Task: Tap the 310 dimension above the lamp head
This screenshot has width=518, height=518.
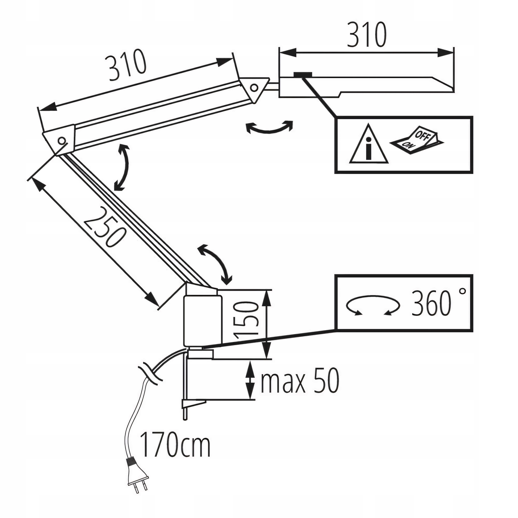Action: pyautogui.click(x=366, y=35)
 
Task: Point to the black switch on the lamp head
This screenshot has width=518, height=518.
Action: pyautogui.click(x=303, y=74)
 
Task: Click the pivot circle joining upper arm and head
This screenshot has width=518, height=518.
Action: pyautogui.click(x=254, y=87)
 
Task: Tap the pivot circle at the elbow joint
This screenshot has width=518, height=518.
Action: pyautogui.click(x=62, y=140)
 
